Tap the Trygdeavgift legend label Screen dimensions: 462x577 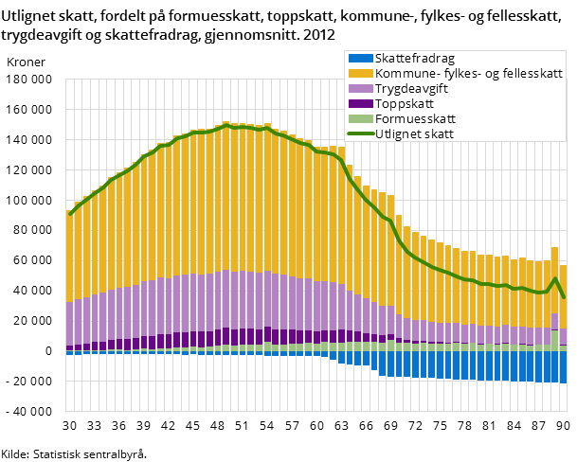point(411,89)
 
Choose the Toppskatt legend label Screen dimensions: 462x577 point(403,104)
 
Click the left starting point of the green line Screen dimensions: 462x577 point(70,214)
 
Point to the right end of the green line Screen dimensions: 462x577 point(564,297)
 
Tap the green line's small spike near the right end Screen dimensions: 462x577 point(555,278)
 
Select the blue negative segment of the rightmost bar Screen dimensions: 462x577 point(563,367)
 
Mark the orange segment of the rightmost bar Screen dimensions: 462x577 point(563,296)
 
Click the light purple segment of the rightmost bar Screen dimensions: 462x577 point(563,337)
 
